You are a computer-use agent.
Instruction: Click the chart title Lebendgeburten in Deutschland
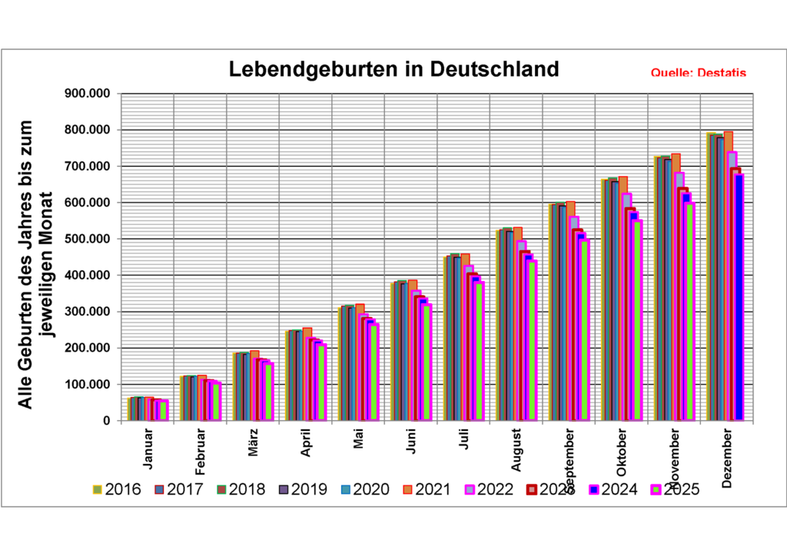tap(394, 69)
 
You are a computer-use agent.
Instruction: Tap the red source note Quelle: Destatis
tap(698, 73)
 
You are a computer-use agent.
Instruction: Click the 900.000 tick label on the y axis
tap(90, 94)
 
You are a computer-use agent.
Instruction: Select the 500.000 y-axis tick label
tap(90, 239)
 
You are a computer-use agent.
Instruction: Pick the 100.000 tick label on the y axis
tap(90, 384)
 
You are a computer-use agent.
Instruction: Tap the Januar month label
tap(148, 449)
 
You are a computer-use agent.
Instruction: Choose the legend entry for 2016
tap(117, 489)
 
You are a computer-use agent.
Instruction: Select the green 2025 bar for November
tap(689, 312)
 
